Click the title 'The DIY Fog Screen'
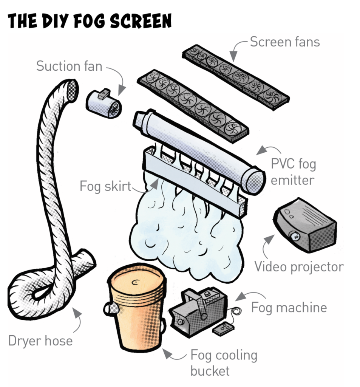click(x=90, y=21)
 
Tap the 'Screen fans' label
click(x=285, y=42)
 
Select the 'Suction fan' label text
click(x=70, y=66)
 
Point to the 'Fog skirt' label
click(x=105, y=186)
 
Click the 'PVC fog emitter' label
click(x=293, y=172)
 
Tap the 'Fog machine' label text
click(x=289, y=308)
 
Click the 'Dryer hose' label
click(x=40, y=341)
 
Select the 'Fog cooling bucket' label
click(x=224, y=363)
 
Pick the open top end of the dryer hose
click(x=72, y=90)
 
